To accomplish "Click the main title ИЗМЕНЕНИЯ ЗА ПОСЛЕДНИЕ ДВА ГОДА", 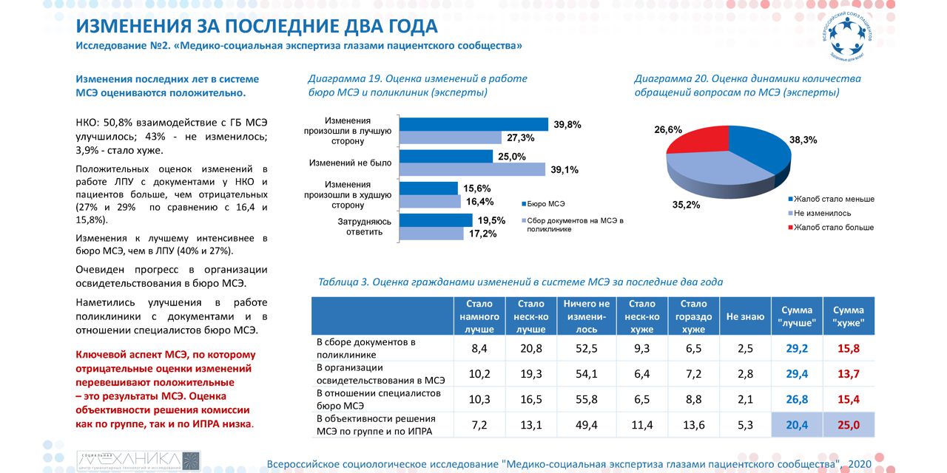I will (257, 27).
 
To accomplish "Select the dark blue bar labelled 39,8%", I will (473, 124).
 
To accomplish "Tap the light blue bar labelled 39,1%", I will (471, 169).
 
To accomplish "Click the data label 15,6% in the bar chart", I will (476, 188).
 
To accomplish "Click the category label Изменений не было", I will (350, 162).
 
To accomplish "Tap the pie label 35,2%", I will (686, 205).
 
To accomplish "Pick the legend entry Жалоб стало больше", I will (831, 227).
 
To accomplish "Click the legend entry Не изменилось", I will (822, 213).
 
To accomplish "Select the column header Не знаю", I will (745, 316).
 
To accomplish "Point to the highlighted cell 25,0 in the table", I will (848, 425).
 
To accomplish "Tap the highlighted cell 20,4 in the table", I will (796, 425).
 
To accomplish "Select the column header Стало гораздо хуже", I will (693, 316).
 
